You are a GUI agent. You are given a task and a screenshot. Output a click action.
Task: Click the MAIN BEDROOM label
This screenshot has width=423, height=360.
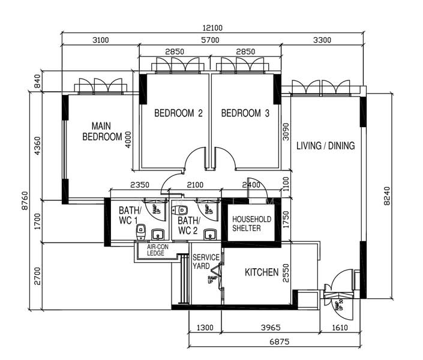(102, 131)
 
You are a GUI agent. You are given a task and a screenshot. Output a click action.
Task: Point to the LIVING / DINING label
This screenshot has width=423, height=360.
(326, 145)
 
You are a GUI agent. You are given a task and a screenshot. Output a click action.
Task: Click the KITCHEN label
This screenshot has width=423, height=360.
(262, 273)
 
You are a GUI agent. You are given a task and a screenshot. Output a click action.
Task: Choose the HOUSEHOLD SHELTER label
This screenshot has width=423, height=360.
(251, 223)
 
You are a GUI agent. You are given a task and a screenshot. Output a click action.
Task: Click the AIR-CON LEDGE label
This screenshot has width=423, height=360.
(156, 250)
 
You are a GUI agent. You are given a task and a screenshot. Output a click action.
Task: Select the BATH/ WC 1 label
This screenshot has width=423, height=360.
(128, 215)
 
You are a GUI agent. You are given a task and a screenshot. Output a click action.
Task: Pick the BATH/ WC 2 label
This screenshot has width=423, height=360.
(188, 226)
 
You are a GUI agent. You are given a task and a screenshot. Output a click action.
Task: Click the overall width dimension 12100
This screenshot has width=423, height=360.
(212, 28)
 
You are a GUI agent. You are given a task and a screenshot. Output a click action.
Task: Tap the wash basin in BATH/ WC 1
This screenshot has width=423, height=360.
(158, 234)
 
